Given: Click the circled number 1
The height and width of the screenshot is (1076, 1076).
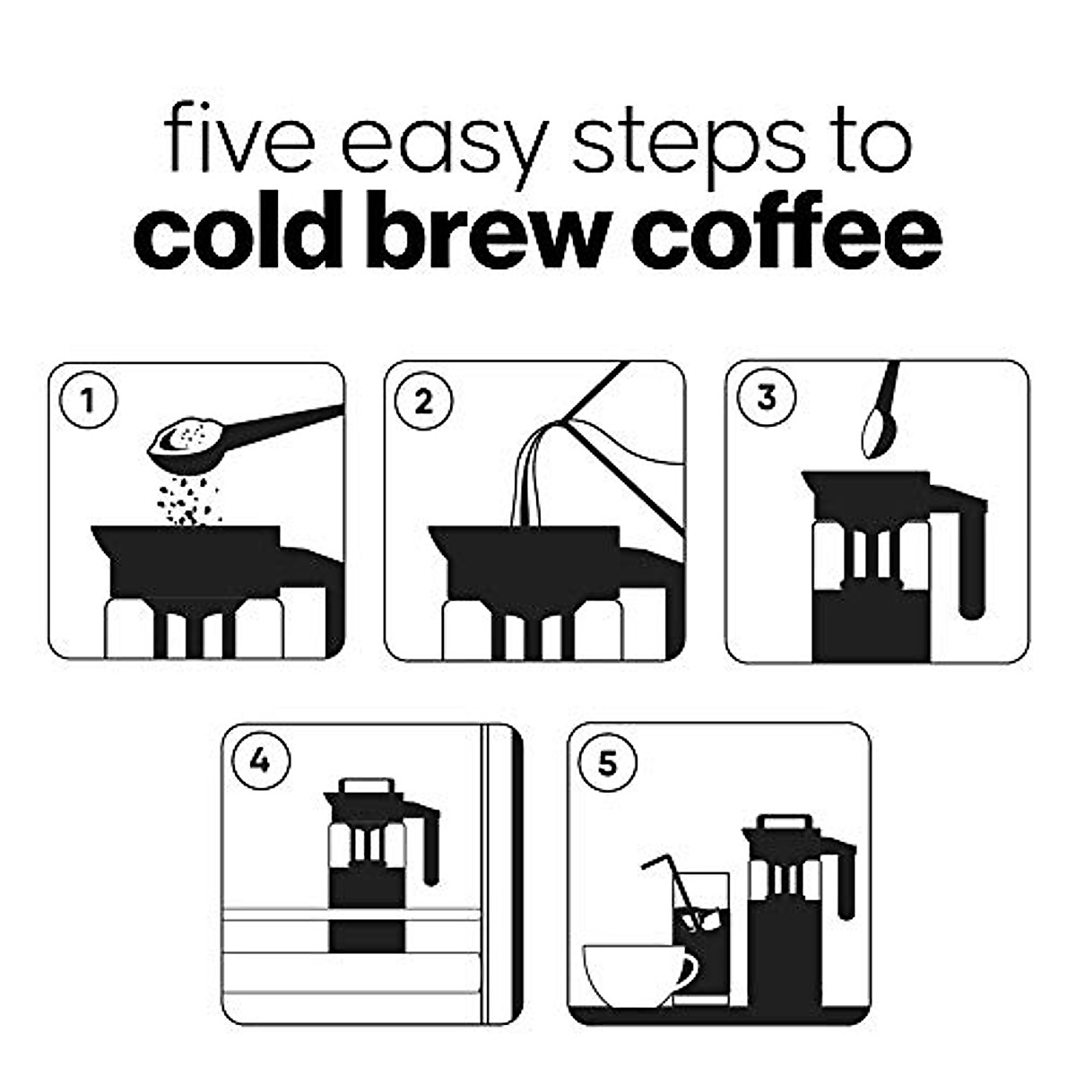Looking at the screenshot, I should click(x=87, y=400).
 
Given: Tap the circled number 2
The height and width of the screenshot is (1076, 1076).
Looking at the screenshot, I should click(x=423, y=401).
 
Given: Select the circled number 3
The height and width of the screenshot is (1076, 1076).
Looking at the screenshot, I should click(x=765, y=397).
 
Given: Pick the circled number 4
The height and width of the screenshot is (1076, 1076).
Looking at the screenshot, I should click(x=259, y=760).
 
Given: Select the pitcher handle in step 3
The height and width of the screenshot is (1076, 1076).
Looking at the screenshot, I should click(x=968, y=556).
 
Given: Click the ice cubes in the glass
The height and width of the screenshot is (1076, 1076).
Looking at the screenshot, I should click(x=699, y=919).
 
